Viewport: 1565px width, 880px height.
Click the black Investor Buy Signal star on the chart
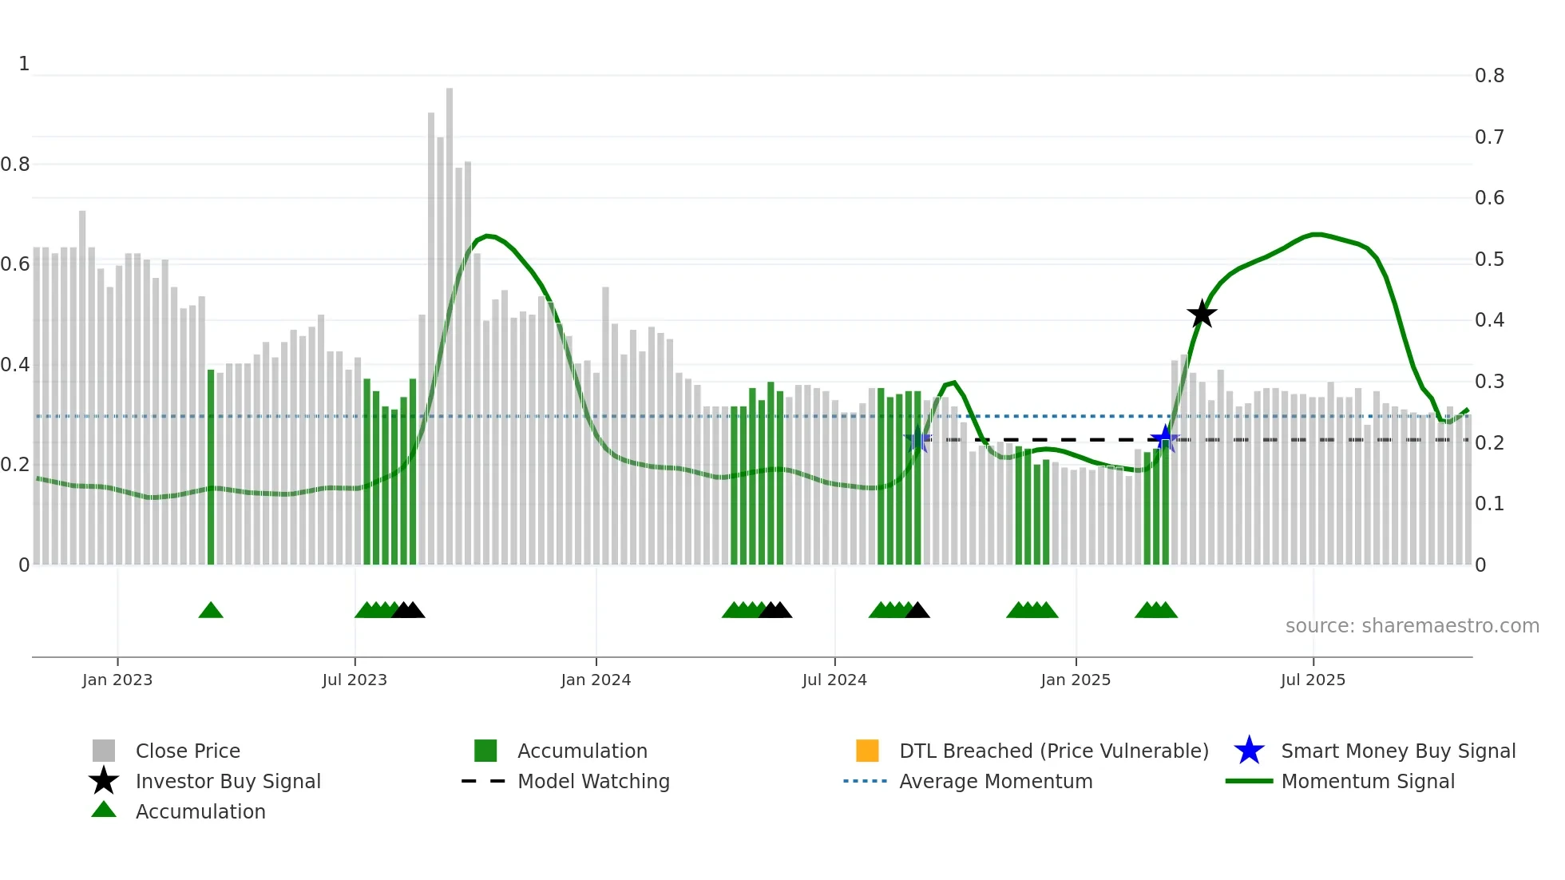[x=1202, y=314]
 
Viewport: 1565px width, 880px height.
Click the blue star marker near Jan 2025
[x=1165, y=438]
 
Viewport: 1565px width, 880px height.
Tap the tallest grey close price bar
[x=450, y=326]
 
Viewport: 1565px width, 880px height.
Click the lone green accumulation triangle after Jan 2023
[x=211, y=611]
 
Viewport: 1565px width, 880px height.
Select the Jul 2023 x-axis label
[x=355, y=680]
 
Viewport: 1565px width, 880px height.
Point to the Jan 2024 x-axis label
[x=596, y=680]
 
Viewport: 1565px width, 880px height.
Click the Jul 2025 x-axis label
[x=1313, y=680]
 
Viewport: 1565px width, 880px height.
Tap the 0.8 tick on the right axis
[x=1489, y=76]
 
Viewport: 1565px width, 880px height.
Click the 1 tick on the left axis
[x=24, y=64]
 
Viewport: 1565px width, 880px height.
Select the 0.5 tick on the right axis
[x=1489, y=260]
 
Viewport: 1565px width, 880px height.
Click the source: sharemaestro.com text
[x=1412, y=626]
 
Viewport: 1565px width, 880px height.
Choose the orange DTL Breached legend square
[x=867, y=751]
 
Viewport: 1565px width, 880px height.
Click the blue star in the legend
[x=1249, y=751]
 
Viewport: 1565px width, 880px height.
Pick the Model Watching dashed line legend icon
[x=484, y=781]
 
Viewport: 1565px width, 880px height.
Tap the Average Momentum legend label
[x=996, y=781]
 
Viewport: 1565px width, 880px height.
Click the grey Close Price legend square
[x=104, y=751]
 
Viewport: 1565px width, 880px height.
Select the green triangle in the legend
[x=104, y=811]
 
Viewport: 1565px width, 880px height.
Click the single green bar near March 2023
[x=211, y=467]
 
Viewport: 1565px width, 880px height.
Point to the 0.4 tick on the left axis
[x=14, y=365]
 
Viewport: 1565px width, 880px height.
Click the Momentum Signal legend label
[x=1368, y=781]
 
